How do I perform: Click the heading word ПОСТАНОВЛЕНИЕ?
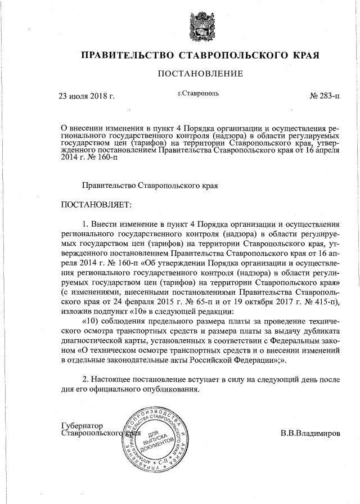pyautogui.click(x=200, y=74)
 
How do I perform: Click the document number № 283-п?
pyautogui.click(x=325, y=96)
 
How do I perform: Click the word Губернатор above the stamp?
pyautogui.click(x=84, y=426)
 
